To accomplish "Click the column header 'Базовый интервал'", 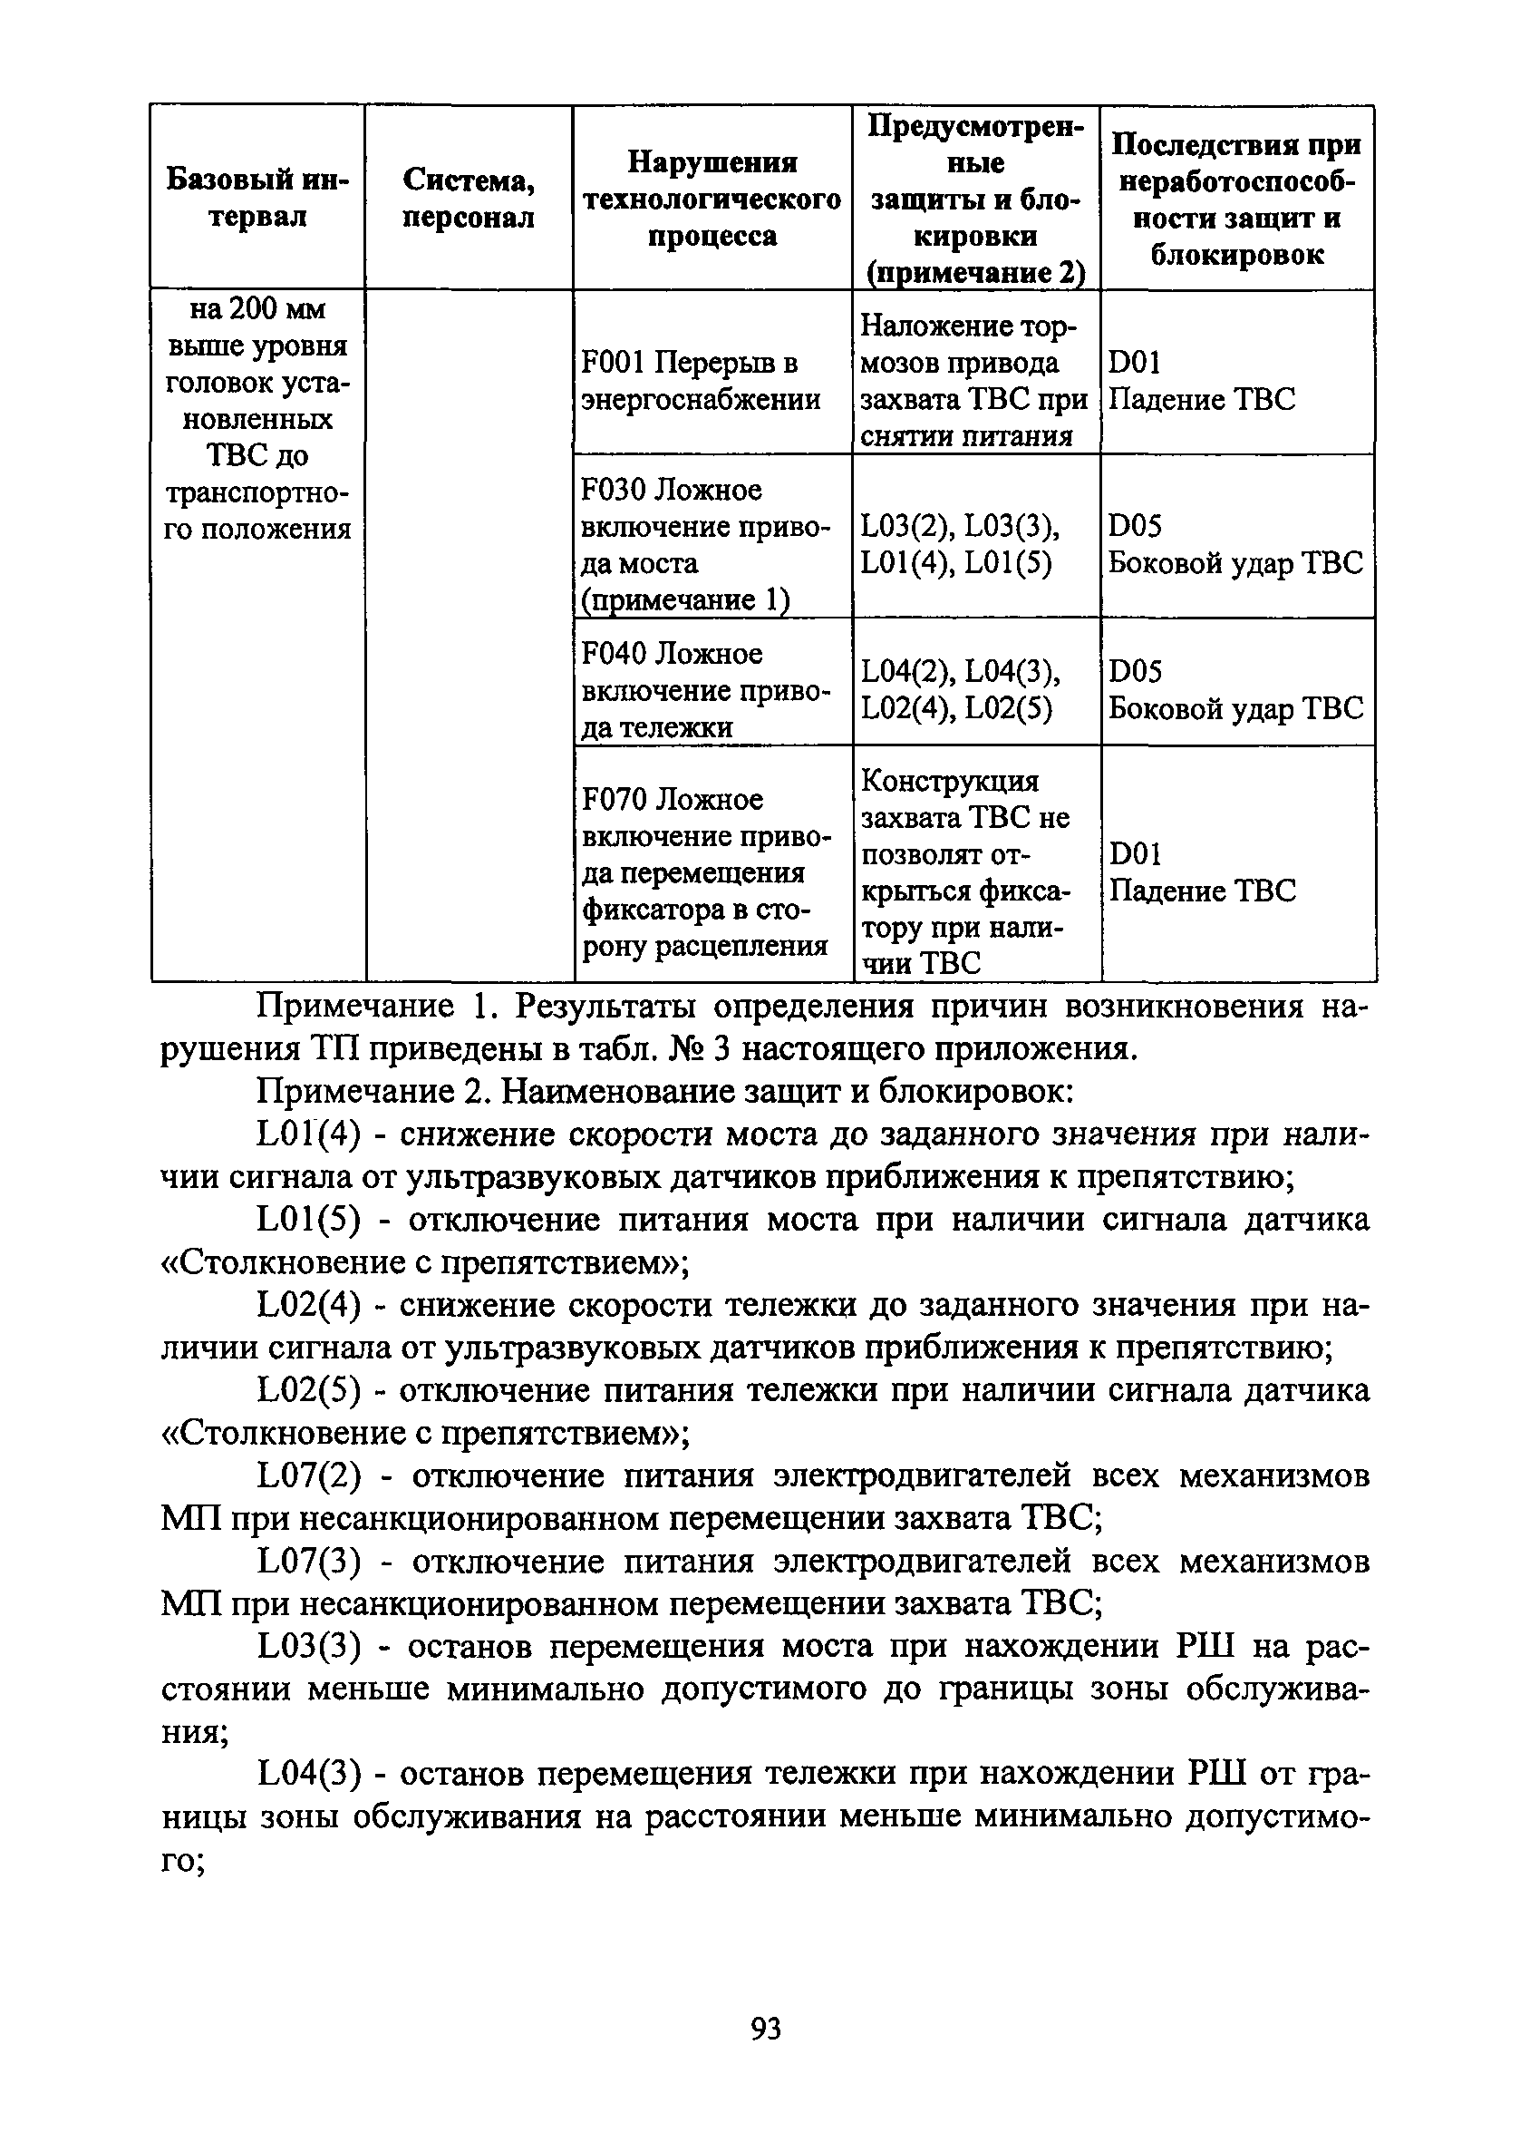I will pos(257,198).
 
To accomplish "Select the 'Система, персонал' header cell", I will pos(468,198).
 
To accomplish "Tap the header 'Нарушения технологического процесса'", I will pos(712,199).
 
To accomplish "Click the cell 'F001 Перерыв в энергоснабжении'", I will pos(701,381).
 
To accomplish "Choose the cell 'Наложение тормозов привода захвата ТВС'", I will pos(973,381).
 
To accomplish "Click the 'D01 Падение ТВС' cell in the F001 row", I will pos(1202,381).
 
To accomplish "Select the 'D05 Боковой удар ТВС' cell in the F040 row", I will pos(1235,691).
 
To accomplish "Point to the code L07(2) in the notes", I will pos(310,1477).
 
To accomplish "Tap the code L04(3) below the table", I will pos(310,1774).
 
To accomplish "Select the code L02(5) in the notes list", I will pos(310,1392).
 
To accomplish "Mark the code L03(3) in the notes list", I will pos(310,1647).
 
